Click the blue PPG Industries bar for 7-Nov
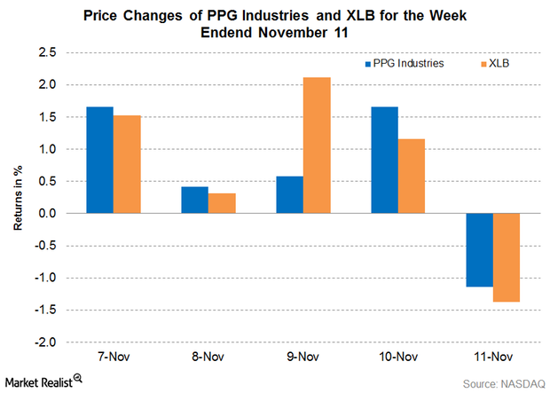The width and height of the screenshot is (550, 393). tap(99, 161)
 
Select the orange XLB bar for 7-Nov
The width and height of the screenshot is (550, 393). tap(127, 165)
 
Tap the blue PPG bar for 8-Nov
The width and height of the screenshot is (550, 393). tap(194, 200)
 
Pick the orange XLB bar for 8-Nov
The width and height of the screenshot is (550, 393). tap(222, 203)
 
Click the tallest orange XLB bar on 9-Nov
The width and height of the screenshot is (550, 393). tap(317, 145)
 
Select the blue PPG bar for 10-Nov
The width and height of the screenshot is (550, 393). tap(385, 161)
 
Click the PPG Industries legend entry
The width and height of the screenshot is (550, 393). tap(405, 64)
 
